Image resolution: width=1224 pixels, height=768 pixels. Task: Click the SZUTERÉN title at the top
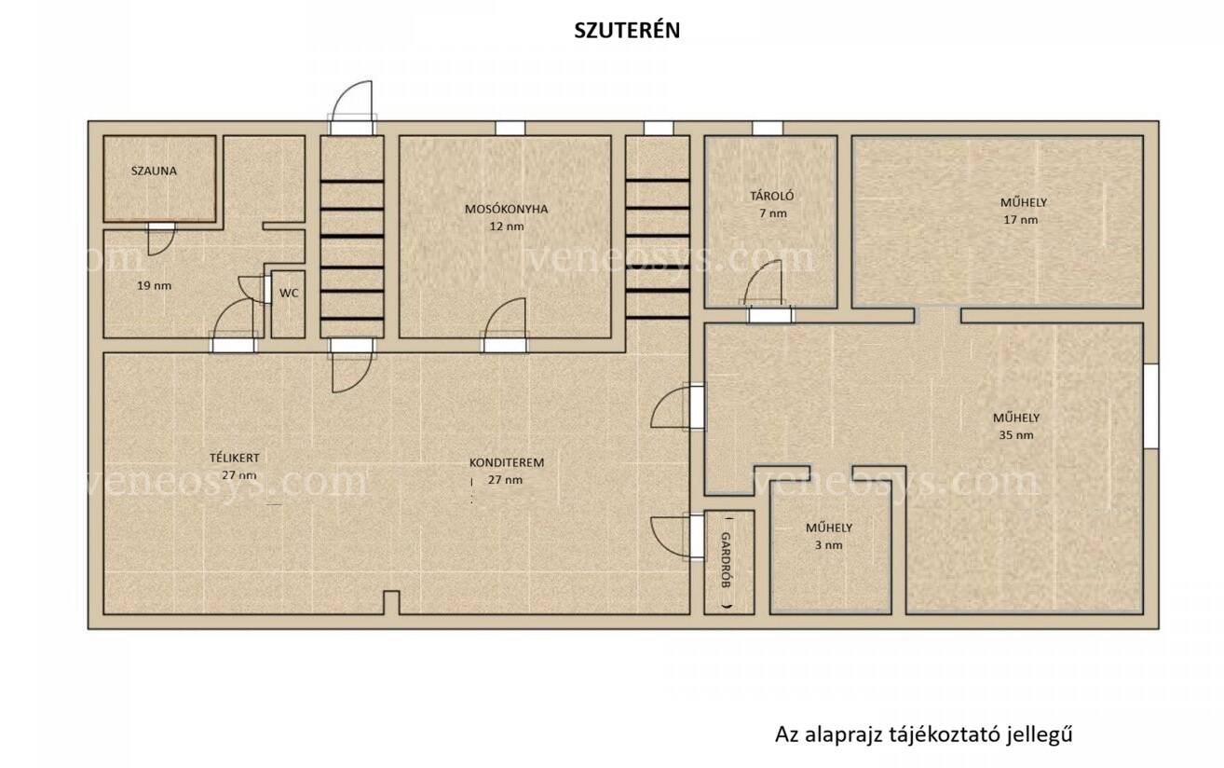(627, 30)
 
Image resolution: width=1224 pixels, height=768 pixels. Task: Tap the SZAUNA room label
(154, 171)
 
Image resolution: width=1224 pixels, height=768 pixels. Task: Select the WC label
(289, 294)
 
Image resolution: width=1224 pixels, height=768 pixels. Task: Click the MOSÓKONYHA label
(506, 209)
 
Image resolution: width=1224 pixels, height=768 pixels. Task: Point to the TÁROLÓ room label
(771, 196)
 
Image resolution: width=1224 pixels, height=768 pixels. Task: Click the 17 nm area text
(1020, 220)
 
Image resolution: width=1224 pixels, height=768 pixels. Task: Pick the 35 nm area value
(1016, 435)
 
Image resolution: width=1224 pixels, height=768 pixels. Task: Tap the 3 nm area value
(828, 545)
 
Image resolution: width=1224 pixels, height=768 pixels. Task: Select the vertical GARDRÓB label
(727, 560)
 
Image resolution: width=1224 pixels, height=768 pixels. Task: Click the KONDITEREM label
(507, 462)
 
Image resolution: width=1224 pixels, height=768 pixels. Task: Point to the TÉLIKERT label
(235, 458)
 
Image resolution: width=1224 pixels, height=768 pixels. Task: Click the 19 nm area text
(154, 285)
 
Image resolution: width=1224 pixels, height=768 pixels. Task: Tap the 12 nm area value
(507, 226)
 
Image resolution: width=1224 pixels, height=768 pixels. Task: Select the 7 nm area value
(772, 213)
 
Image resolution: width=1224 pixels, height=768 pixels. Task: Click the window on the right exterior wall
(1150, 406)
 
